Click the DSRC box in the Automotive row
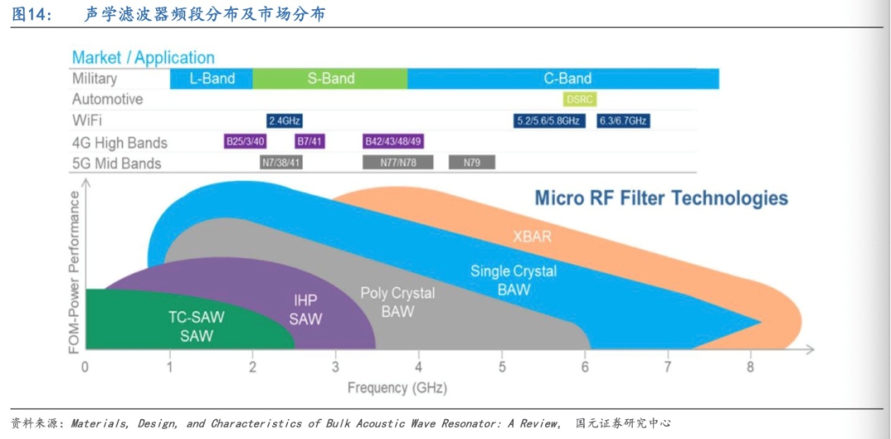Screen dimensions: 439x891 tap(579, 99)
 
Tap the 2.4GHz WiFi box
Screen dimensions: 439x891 tap(284, 120)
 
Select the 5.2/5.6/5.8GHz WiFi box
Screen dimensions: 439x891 tap(549, 120)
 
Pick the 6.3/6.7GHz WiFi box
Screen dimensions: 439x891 tap(624, 120)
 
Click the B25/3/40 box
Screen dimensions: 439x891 tap(246, 141)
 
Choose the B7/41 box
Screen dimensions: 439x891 tap(309, 141)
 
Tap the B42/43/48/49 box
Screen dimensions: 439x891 tap(394, 141)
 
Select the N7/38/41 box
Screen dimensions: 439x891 tap(280, 162)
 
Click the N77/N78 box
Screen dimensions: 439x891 tap(398, 162)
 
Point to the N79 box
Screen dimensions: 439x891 tap(472, 162)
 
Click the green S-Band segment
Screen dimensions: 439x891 tap(330, 79)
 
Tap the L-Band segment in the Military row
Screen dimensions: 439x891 tap(211, 79)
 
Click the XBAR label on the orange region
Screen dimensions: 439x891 tap(532, 236)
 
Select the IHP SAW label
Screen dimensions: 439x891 tap(306, 309)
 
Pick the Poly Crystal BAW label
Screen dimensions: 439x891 tap(398, 302)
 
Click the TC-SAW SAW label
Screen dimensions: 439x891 tap(196, 326)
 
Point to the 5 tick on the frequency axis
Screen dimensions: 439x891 tap(502, 366)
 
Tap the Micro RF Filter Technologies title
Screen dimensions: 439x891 tap(661, 198)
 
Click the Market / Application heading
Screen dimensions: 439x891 tap(143, 58)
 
